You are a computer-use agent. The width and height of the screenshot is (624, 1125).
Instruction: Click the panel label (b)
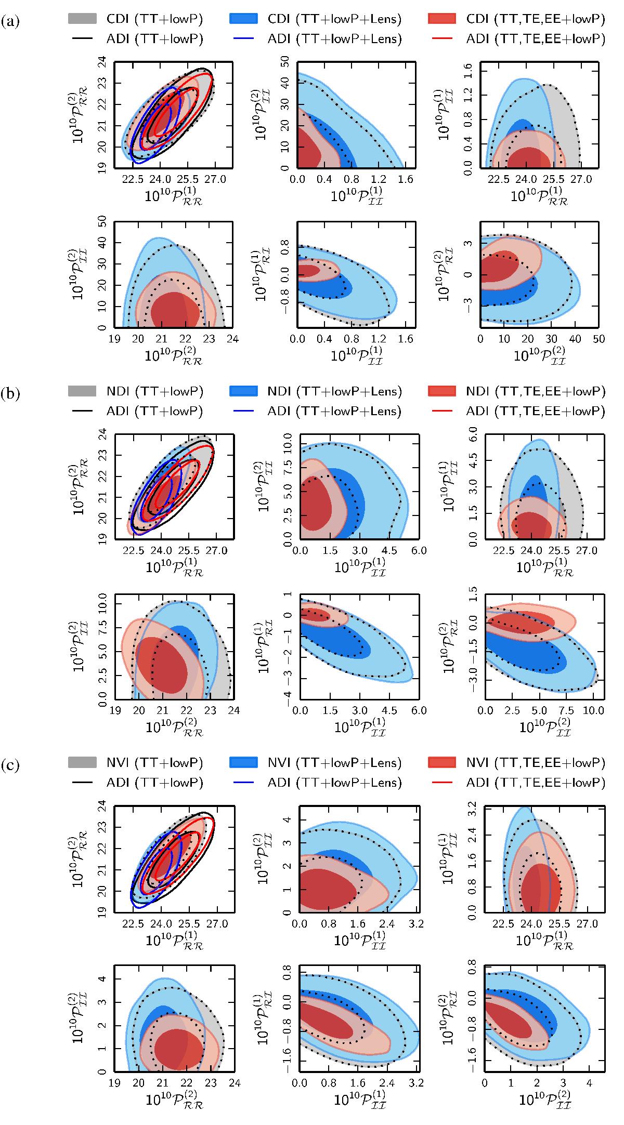coord(10,393)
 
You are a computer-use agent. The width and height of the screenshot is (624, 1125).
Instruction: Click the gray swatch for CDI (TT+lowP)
coord(82,19)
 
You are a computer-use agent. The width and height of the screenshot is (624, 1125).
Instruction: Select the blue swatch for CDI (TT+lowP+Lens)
coord(243,19)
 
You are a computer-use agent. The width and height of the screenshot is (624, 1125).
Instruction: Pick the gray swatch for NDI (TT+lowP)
coord(82,391)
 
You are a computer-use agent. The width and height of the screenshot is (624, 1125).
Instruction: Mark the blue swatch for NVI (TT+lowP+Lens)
coord(243,763)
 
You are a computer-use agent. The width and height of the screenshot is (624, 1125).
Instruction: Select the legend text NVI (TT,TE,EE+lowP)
coord(536,763)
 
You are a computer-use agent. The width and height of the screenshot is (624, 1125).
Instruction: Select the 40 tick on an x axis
coord(575,339)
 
